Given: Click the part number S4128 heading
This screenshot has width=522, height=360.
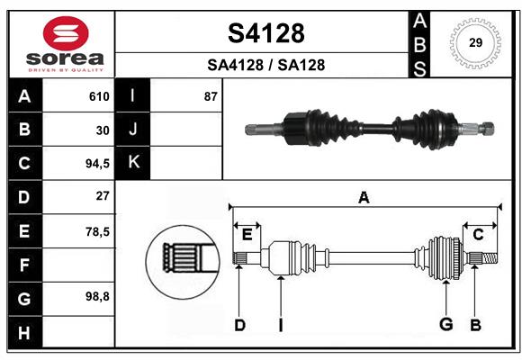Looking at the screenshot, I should click(265, 33).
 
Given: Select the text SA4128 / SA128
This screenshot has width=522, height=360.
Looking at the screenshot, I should click(265, 65).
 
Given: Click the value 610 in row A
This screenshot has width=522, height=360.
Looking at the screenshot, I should click(99, 96).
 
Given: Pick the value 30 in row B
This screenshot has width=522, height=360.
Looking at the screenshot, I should click(103, 130).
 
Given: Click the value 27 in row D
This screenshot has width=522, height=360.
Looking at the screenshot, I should click(103, 196).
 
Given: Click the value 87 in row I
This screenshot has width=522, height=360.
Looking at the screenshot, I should click(211, 96).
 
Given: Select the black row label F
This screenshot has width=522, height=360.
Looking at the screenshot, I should click(24, 265).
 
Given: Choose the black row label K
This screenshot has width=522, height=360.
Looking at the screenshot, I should click(133, 163).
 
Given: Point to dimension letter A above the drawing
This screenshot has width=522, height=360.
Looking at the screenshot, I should click(364, 198).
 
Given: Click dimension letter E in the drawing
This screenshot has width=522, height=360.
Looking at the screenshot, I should click(247, 235).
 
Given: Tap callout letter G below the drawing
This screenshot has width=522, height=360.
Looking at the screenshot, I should click(445, 324).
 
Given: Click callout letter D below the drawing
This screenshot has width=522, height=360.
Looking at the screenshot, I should click(239, 325).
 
